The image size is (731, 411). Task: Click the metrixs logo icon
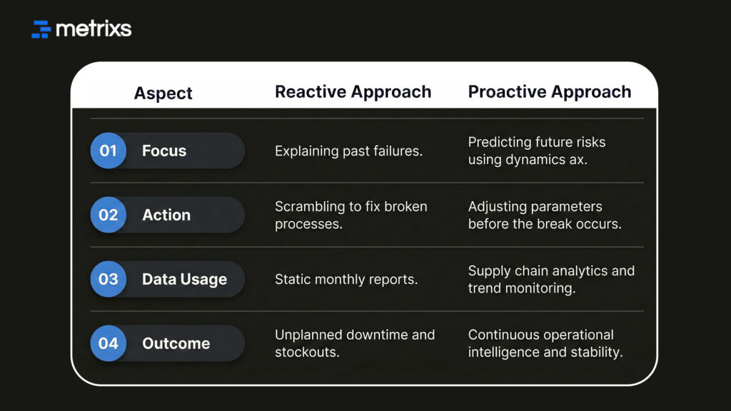click(x=41, y=29)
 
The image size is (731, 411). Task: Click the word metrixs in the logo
click(x=94, y=29)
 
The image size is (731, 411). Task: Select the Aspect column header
click(x=163, y=93)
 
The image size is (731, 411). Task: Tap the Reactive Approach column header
click(x=353, y=92)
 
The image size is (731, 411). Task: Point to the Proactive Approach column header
click(x=549, y=92)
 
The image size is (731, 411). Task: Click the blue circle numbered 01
click(x=108, y=151)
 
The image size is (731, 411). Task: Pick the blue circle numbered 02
click(x=108, y=215)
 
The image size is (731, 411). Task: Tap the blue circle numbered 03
click(x=108, y=279)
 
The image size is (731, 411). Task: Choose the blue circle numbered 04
click(x=108, y=343)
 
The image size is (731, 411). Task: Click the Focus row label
click(x=164, y=151)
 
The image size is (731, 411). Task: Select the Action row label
click(x=166, y=215)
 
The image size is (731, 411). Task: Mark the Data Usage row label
click(x=184, y=279)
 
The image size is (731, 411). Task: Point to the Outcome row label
click(x=176, y=343)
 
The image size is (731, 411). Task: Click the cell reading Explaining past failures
click(x=348, y=151)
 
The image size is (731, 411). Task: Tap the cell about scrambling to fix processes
click(x=351, y=215)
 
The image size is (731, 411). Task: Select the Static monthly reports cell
click(x=346, y=279)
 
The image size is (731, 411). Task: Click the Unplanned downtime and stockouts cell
click(x=354, y=343)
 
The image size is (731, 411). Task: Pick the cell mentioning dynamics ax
click(x=536, y=151)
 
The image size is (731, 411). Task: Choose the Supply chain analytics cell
click(x=550, y=279)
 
